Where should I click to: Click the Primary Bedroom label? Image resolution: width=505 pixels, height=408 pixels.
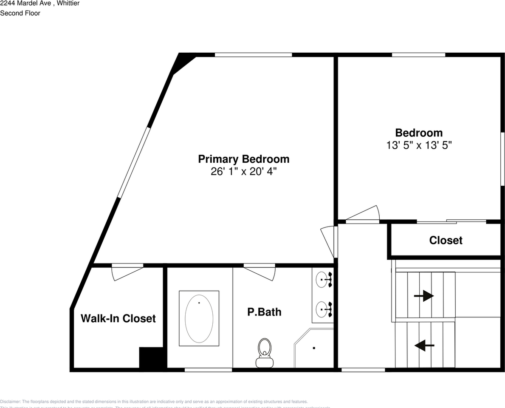point(243,159)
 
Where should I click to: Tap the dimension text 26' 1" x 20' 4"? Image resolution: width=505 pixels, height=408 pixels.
point(243,172)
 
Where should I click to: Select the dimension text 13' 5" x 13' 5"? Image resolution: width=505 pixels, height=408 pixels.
point(418,145)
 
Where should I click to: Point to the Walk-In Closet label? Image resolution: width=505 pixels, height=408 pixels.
point(118,318)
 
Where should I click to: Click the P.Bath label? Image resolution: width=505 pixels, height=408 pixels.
point(264,312)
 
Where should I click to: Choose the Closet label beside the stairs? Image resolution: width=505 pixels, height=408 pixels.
point(446,240)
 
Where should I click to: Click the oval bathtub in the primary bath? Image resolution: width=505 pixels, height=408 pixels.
point(199,317)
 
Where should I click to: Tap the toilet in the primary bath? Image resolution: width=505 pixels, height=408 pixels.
point(265,352)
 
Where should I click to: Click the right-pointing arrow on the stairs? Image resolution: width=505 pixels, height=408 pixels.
point(423,296)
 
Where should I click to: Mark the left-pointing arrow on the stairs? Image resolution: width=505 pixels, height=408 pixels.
point(424,345)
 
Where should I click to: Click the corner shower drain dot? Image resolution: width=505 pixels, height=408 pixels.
point(314,348)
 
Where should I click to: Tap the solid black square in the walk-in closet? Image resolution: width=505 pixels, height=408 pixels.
point(151,358)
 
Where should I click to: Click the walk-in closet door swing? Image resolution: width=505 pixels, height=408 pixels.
point(127,272)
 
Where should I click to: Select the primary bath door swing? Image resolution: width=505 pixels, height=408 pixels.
point(260,272)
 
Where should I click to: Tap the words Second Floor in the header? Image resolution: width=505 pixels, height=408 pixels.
point(20,13)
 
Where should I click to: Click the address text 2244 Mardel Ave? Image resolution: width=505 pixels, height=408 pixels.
point(25,3)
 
